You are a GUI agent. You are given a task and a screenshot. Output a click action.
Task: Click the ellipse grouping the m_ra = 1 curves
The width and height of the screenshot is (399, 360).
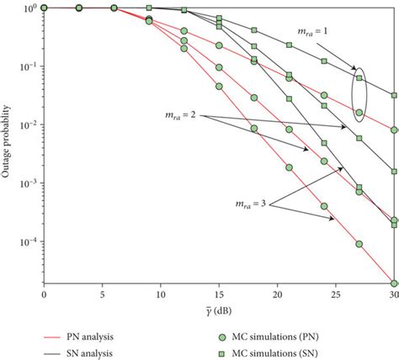tap(359, 94)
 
